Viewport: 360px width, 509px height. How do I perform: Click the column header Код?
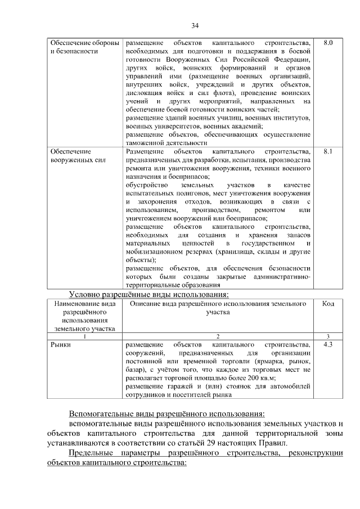[x=328, y=304]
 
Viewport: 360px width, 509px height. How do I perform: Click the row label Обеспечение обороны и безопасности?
[x=84, y=47]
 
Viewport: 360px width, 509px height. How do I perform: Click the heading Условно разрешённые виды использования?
[x=148, y=294]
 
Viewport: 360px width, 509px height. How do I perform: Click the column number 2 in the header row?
[x=217, y=336]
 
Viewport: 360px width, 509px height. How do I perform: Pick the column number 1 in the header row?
[x=85, y=336]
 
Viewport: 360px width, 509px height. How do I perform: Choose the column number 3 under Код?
[x=328, y=336]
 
